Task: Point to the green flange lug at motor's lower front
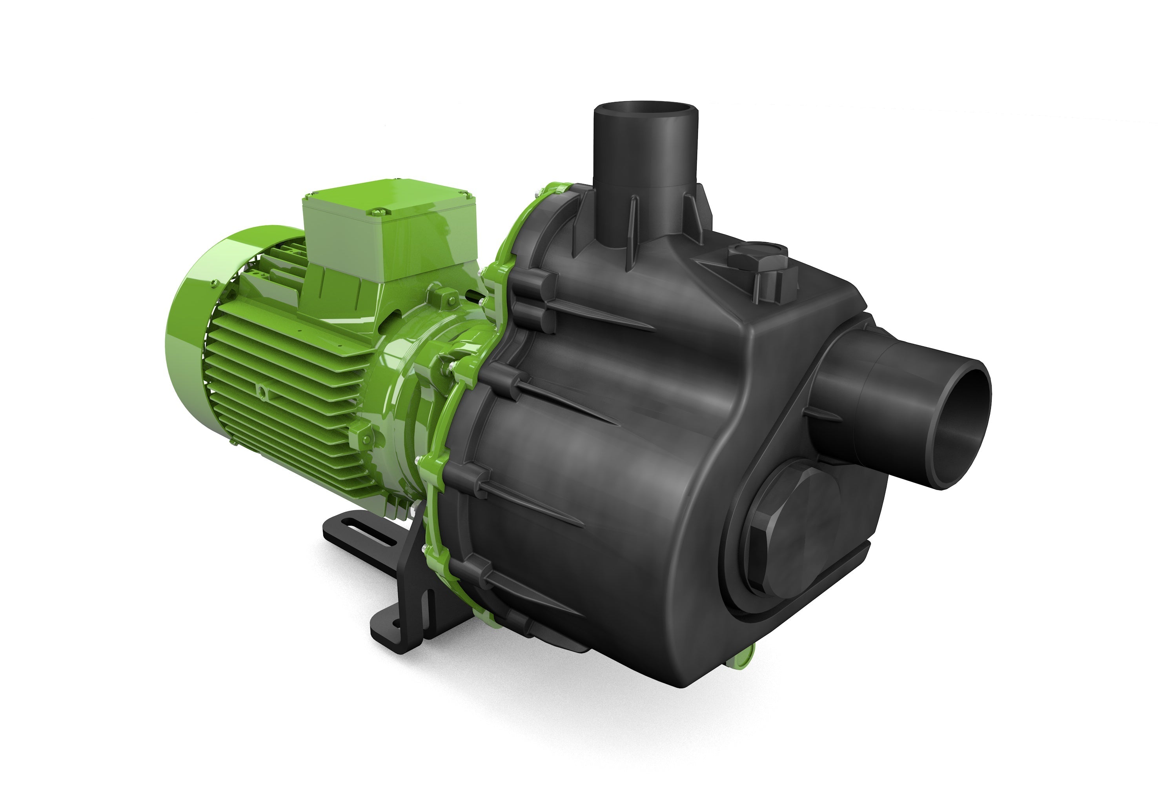362,434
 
